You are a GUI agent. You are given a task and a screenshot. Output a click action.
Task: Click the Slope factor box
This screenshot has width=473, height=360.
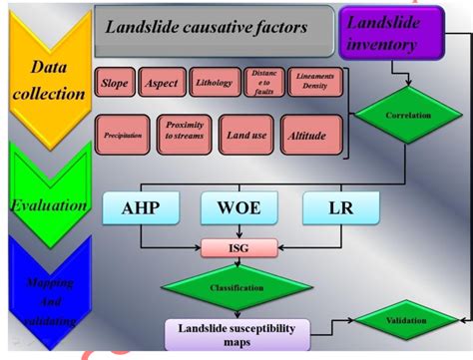115,84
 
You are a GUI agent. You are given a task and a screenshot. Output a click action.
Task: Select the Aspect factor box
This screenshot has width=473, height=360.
159,84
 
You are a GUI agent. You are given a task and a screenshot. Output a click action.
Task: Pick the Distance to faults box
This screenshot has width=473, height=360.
263,84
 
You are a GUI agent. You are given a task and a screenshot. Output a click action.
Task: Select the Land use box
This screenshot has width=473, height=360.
244,135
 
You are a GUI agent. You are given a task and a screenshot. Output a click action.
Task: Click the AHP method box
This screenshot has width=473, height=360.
140,208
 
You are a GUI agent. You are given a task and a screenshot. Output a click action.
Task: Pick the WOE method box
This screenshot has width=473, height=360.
236,208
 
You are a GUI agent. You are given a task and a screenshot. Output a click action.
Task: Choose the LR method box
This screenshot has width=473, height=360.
339,208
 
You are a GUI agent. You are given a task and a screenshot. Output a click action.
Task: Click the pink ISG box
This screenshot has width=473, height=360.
237,248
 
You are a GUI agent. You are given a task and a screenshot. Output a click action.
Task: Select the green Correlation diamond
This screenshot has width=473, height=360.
407,116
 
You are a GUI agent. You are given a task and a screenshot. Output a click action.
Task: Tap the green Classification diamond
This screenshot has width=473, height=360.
236,288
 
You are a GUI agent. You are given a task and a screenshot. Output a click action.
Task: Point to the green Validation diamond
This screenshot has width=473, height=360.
406,320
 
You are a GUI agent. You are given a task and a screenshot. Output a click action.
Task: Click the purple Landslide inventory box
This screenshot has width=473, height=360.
392,29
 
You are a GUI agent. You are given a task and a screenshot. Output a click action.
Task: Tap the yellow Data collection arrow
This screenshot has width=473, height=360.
47,80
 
